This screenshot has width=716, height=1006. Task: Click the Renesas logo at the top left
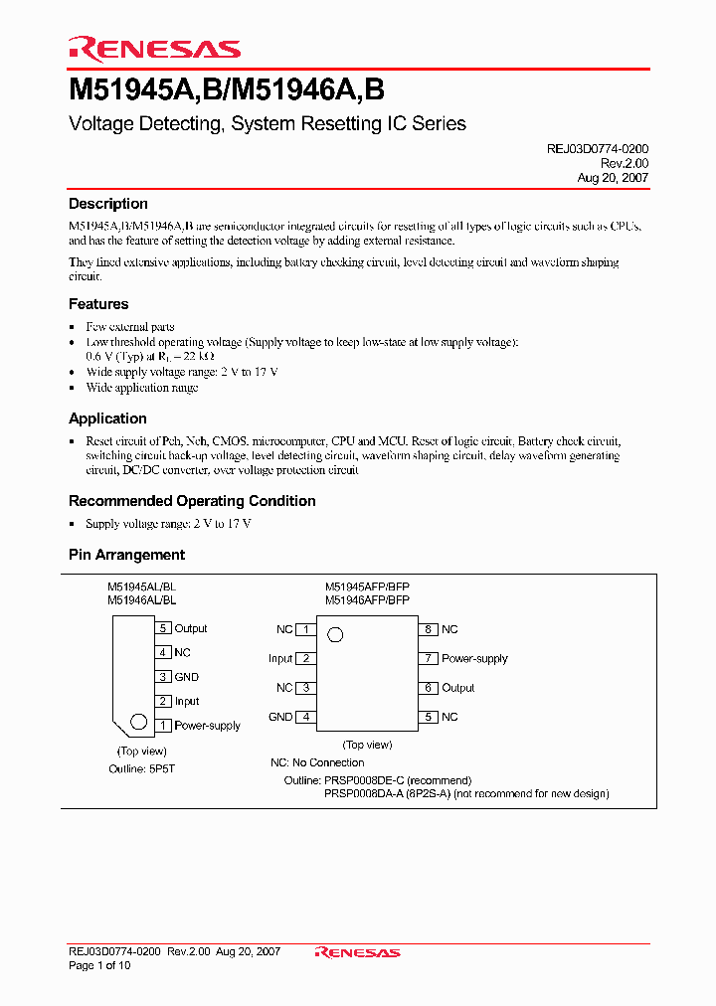[154, 49]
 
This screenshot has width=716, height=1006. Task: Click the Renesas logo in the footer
[357, 952]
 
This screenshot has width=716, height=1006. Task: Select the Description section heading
[108, 204]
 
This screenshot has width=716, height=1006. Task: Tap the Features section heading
[98, 304]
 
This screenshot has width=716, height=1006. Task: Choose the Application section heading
[107, 419]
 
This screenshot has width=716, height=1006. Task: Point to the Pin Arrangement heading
[126, 555]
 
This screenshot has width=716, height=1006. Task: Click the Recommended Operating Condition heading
[192, 501]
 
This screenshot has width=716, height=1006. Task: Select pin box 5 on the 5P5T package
[163, 628]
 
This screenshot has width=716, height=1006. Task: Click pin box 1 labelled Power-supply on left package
[163, 726]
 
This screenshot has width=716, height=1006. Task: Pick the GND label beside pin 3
[186, 677]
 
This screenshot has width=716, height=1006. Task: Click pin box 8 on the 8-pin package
[428, 629]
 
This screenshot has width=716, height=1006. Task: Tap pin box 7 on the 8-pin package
[428, 658]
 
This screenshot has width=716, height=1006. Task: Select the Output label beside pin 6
[458, 688]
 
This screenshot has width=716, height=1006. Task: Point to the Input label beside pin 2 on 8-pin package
[280, 658]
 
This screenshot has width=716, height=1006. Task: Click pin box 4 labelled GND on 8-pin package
[307, 717]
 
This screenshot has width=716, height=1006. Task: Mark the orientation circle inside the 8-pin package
[335, 634]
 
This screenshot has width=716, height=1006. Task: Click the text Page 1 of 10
[99, 965]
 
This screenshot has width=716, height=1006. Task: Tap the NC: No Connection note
[317, 762]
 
